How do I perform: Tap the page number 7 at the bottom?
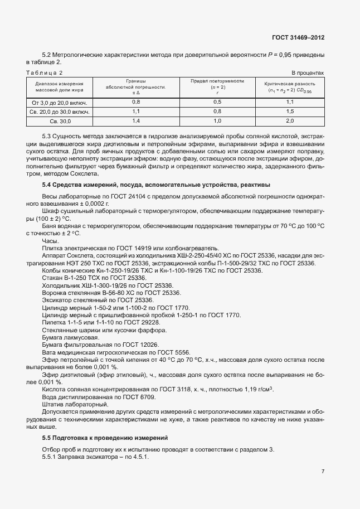point(323,471)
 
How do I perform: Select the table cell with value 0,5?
point(217,102)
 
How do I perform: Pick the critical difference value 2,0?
point(290,120)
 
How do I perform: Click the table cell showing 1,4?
point(135,120)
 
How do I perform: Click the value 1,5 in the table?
point(290,112)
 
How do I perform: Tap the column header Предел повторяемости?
point(217,81)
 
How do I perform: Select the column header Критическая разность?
point(290,83)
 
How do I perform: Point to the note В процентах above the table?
point(308,73)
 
